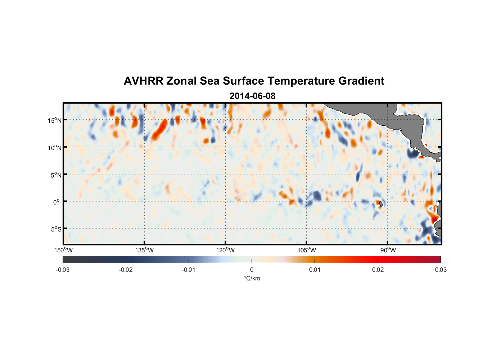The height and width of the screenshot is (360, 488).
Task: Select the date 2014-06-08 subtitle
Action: coord(252,96)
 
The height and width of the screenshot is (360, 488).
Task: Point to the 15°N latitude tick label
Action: coord(54,120)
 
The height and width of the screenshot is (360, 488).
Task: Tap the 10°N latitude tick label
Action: coord(54,148)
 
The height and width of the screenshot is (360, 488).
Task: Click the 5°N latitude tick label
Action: coord(56,175)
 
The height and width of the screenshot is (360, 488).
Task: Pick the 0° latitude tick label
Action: coord(57,202)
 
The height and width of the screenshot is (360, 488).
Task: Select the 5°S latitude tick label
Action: coord(56,229)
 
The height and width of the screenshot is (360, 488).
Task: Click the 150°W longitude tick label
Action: coord(63,250)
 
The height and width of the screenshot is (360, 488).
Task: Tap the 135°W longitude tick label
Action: coord(144,250)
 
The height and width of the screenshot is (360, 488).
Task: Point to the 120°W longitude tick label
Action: coord(225,250)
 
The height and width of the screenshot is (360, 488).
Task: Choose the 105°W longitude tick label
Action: coord(307,250)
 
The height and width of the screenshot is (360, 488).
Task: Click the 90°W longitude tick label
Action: coord(388,250)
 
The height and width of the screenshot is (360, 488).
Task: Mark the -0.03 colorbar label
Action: coord(63,270)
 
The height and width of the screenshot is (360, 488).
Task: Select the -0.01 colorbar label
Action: coord(189,270)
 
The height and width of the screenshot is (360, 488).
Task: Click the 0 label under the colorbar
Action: coord(252,270)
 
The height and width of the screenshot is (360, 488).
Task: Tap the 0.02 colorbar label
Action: coord(378,270)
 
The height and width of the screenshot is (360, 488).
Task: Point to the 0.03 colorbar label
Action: coord(440,270)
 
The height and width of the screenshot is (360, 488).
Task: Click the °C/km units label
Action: coord(252,278)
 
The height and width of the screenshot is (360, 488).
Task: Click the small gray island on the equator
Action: coord(381,204)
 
